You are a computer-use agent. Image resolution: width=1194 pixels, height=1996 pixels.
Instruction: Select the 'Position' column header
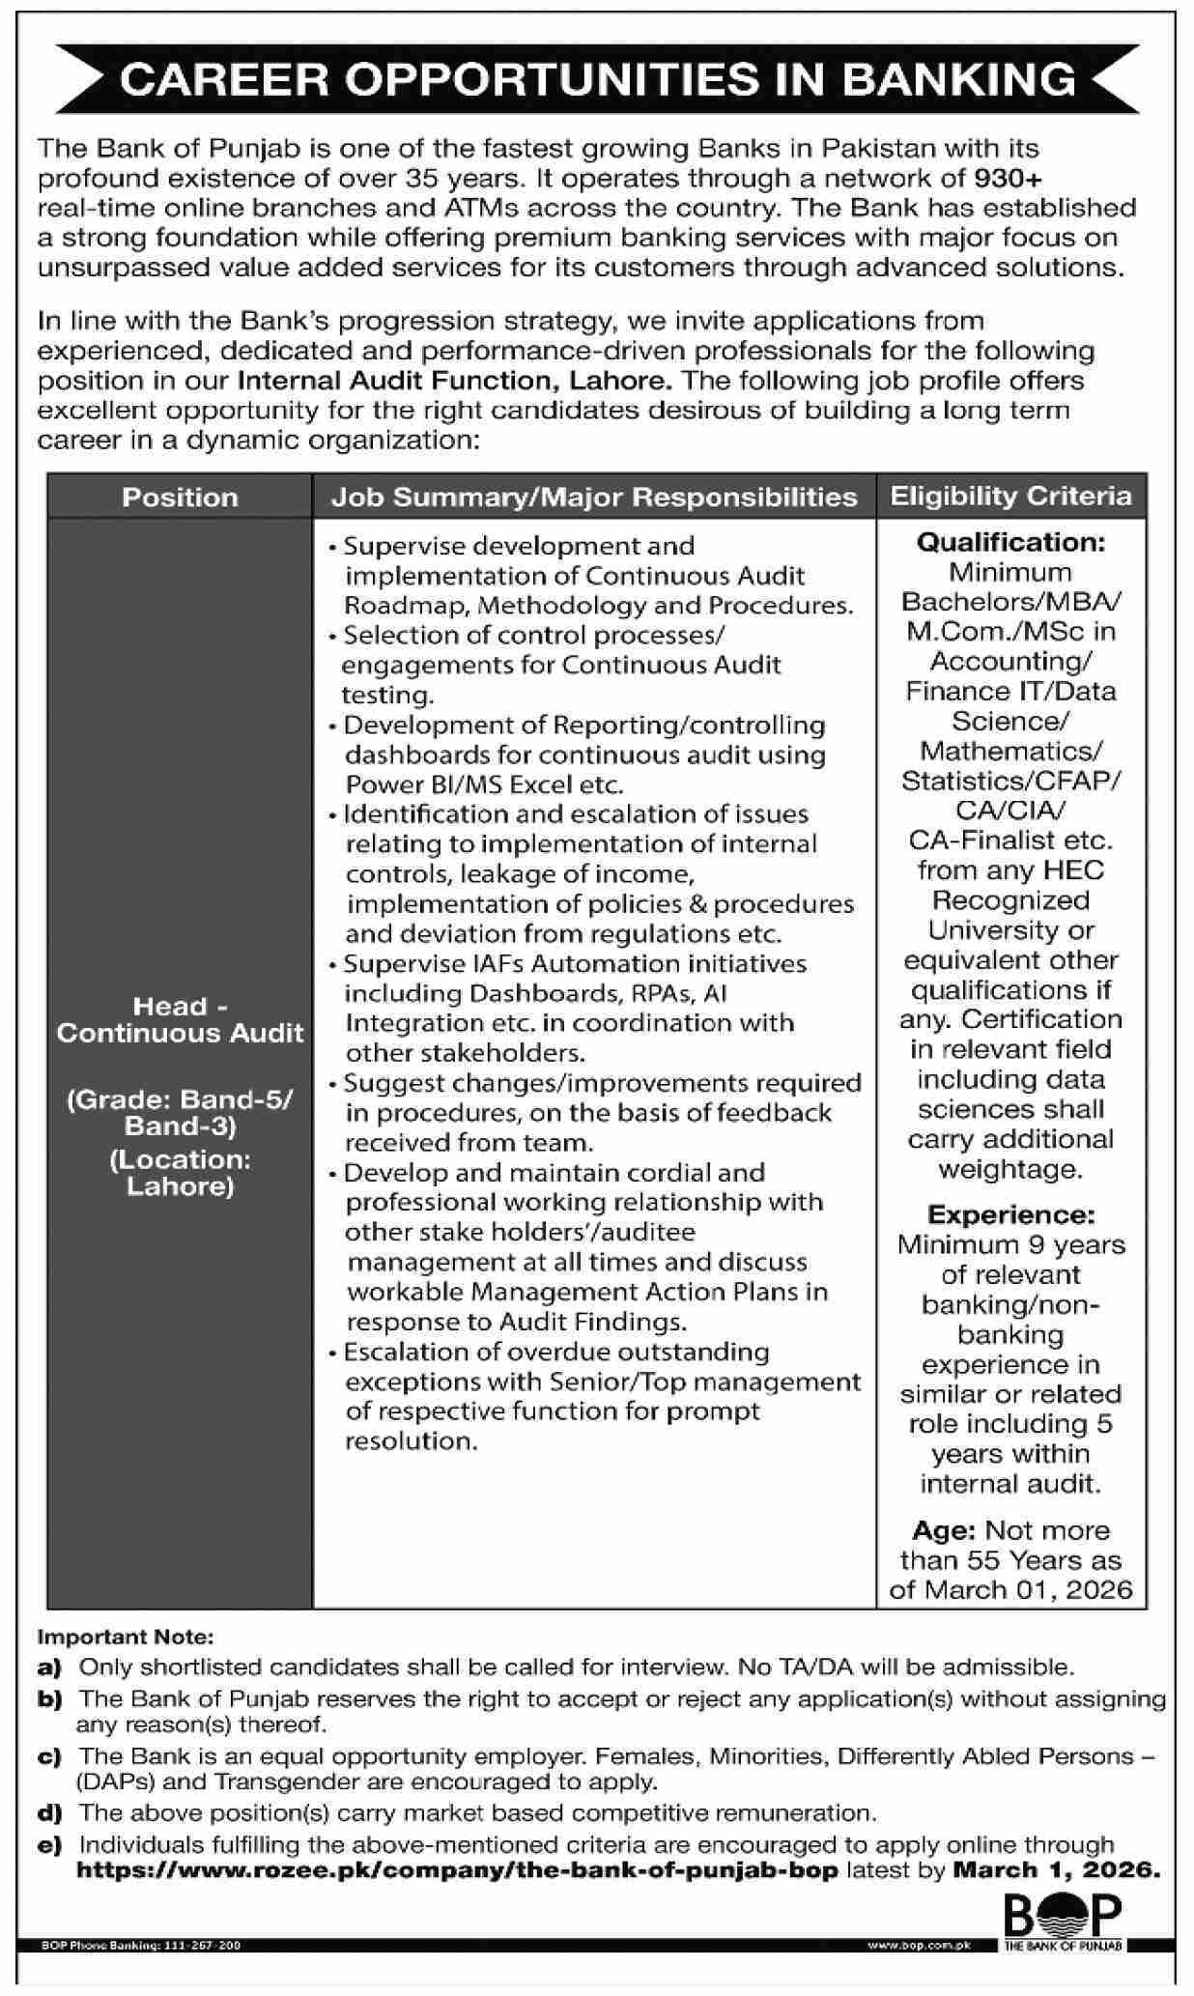[180, 498]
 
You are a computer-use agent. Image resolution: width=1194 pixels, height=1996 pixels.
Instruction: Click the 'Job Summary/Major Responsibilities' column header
[594, 498]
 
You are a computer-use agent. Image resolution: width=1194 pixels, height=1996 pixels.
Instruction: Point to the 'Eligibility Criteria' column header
[1010, 497]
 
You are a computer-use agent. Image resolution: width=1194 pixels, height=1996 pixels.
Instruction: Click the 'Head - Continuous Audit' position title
[180, 1019]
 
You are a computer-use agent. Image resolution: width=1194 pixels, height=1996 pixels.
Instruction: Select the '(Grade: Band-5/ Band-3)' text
[180, 1112]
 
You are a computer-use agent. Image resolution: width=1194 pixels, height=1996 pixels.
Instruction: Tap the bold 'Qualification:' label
[1010, 542]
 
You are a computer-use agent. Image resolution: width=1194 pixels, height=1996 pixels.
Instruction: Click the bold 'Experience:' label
[1010, 1214]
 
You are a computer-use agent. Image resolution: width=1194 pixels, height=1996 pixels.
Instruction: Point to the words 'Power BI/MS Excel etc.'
[484, 784]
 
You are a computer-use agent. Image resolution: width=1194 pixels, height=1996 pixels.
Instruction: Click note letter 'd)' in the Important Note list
[50, 1813]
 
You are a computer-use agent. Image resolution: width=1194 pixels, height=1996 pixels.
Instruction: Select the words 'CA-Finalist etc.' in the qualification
[1010, 840]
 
